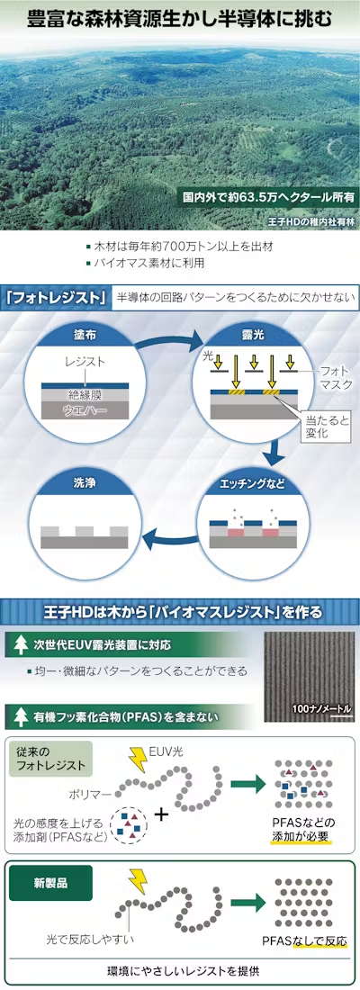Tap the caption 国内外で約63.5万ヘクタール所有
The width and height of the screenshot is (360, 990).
268,196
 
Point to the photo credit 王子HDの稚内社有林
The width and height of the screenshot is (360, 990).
312,221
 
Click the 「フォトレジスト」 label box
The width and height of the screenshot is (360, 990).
55,298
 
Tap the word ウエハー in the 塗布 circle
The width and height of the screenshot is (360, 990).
85,410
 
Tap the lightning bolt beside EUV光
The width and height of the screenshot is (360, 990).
139,756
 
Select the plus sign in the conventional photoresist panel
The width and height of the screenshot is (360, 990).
163,813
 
